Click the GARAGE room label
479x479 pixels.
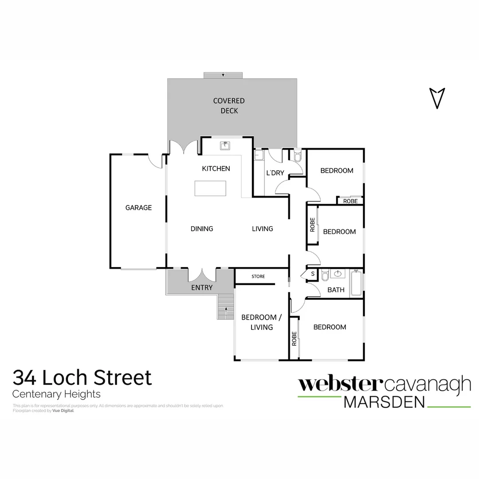(x=138, y=208)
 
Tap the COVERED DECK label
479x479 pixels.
(x=229, y=106)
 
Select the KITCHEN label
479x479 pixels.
(x=216, y=169)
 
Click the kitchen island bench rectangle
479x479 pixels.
(x=210, y=188)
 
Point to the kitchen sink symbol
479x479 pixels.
(x=225, y=145)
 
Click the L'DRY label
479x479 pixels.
(x=275, y=173)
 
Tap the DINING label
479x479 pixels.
(x=202, y=229)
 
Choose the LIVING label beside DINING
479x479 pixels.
(x=263, y=229)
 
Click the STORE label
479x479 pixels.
(x=258, y=276)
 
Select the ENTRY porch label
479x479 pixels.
(x=202, y=287)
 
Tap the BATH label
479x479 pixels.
(x=336, y=290)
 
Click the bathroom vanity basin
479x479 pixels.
(x=338, y=274)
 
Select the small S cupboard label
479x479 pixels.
(x=313, y=274)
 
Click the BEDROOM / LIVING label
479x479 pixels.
(x=261, y=322)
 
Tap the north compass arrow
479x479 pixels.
(x=437, y=98)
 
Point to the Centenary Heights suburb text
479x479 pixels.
(x=56, y=394)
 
